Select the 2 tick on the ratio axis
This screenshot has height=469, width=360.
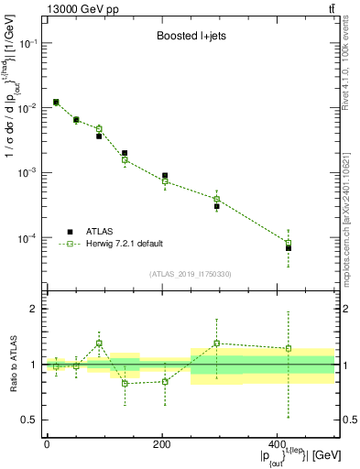[36, 309]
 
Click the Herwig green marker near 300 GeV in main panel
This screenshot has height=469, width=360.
[217, 199]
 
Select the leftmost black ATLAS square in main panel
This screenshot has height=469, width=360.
[56, 102]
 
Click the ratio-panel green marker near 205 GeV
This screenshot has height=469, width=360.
[165, 381]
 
